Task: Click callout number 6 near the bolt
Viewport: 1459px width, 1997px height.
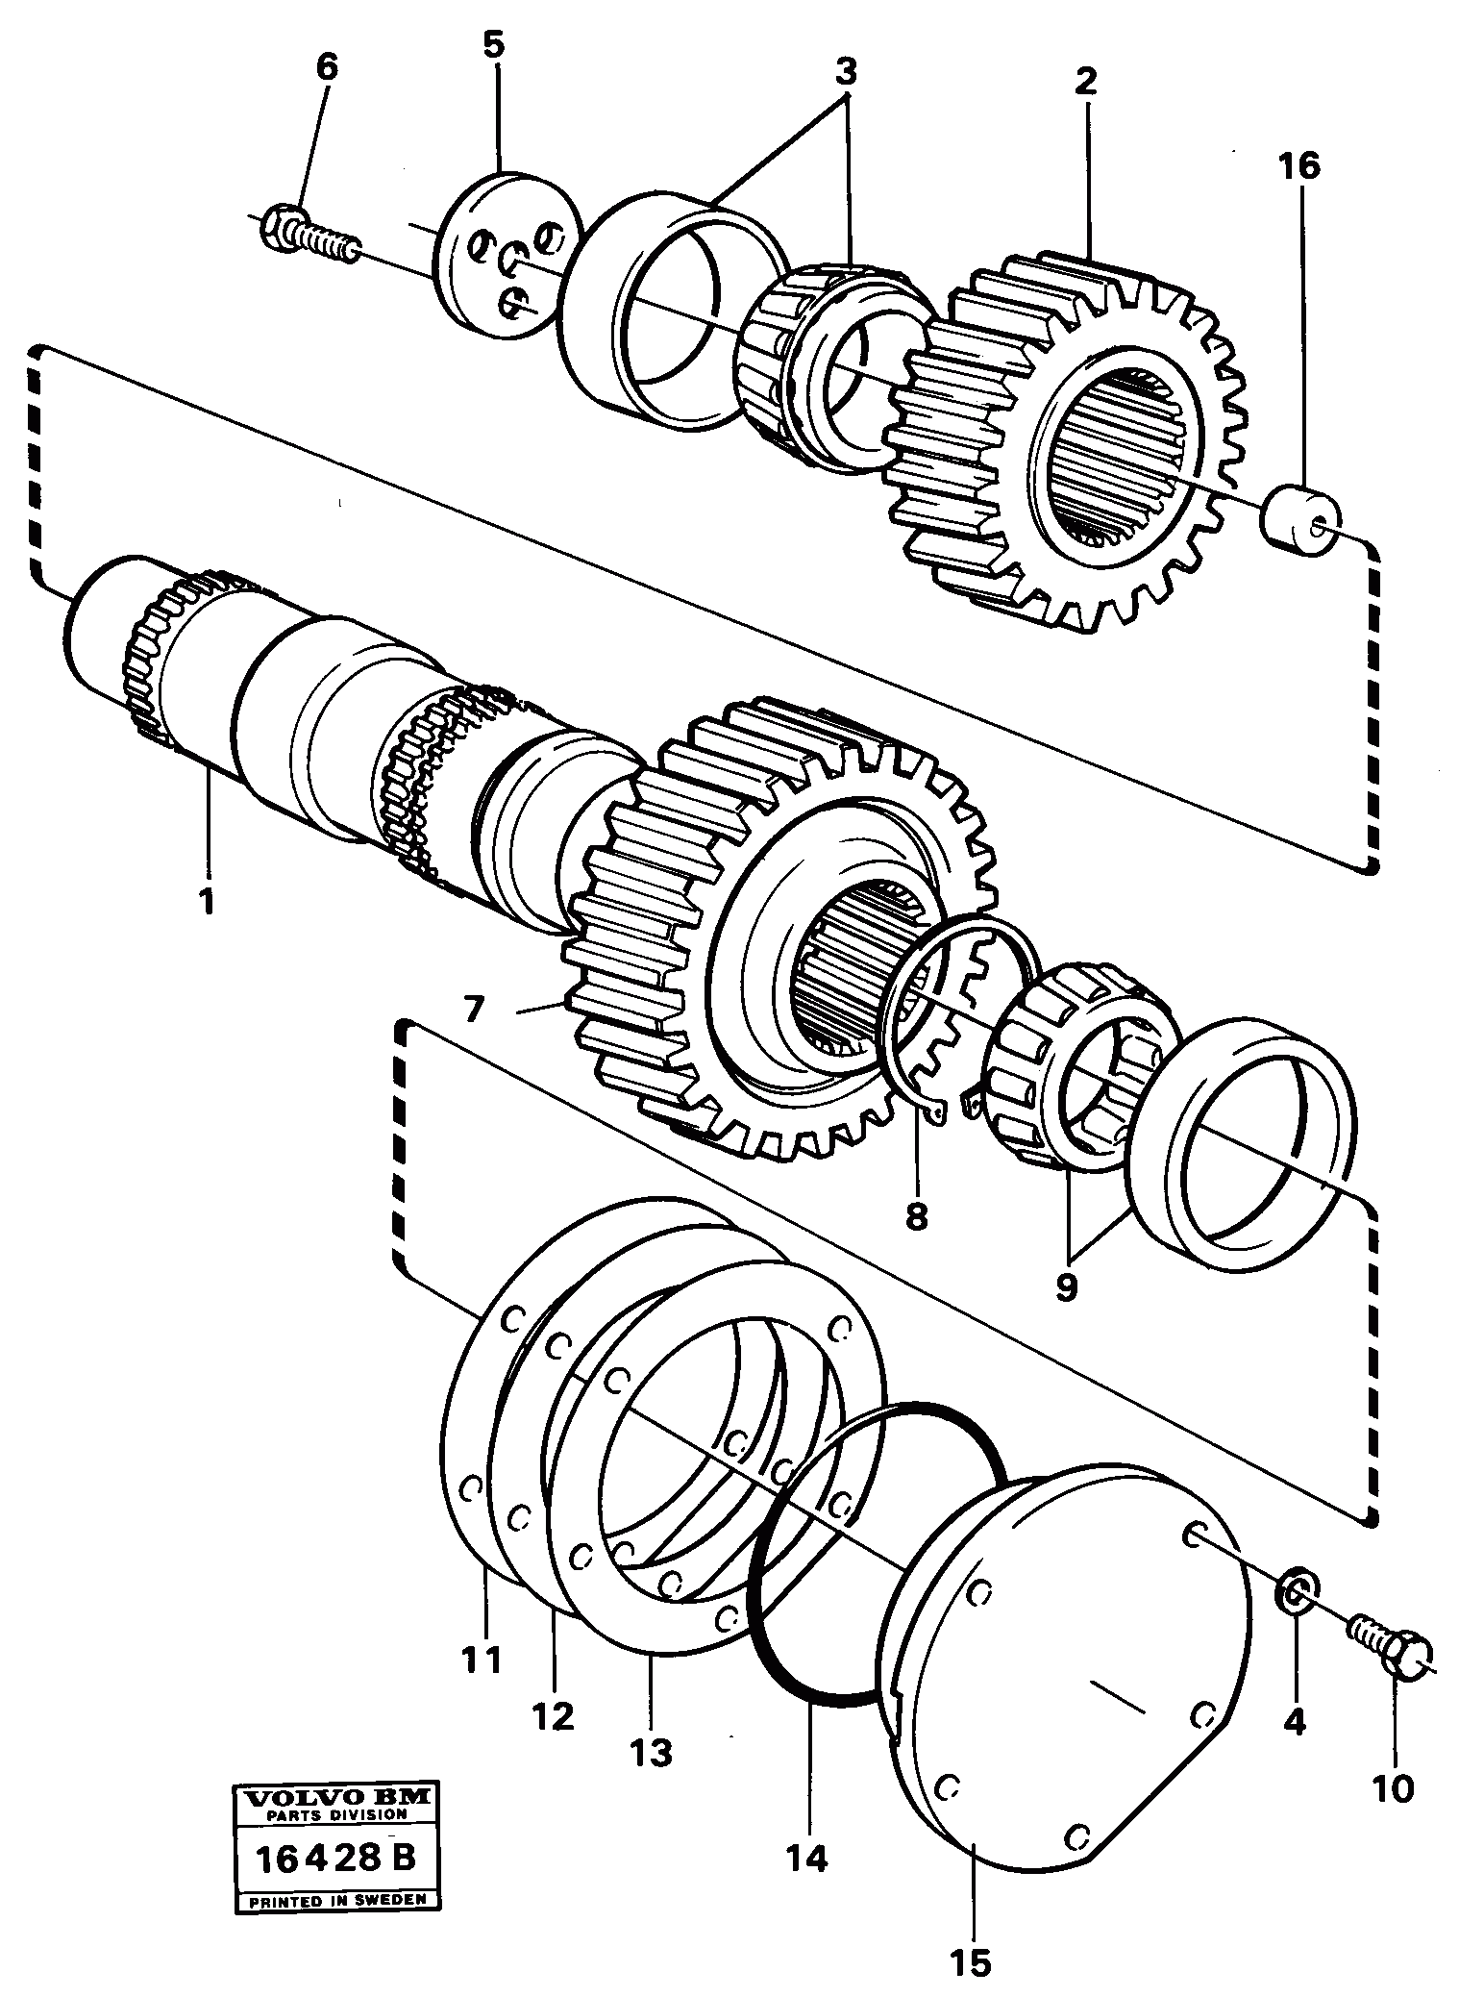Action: coord(326,67)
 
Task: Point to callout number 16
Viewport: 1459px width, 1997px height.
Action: coord(1299,166)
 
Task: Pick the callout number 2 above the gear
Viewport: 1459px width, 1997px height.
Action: coord(1085,82)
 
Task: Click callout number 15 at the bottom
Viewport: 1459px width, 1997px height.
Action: coord(973,1962)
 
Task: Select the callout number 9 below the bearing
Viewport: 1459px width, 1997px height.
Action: coord(1065,1286)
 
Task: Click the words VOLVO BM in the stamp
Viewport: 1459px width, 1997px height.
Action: coord(336,1797)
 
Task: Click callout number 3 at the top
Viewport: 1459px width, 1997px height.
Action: coord(845,72)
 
